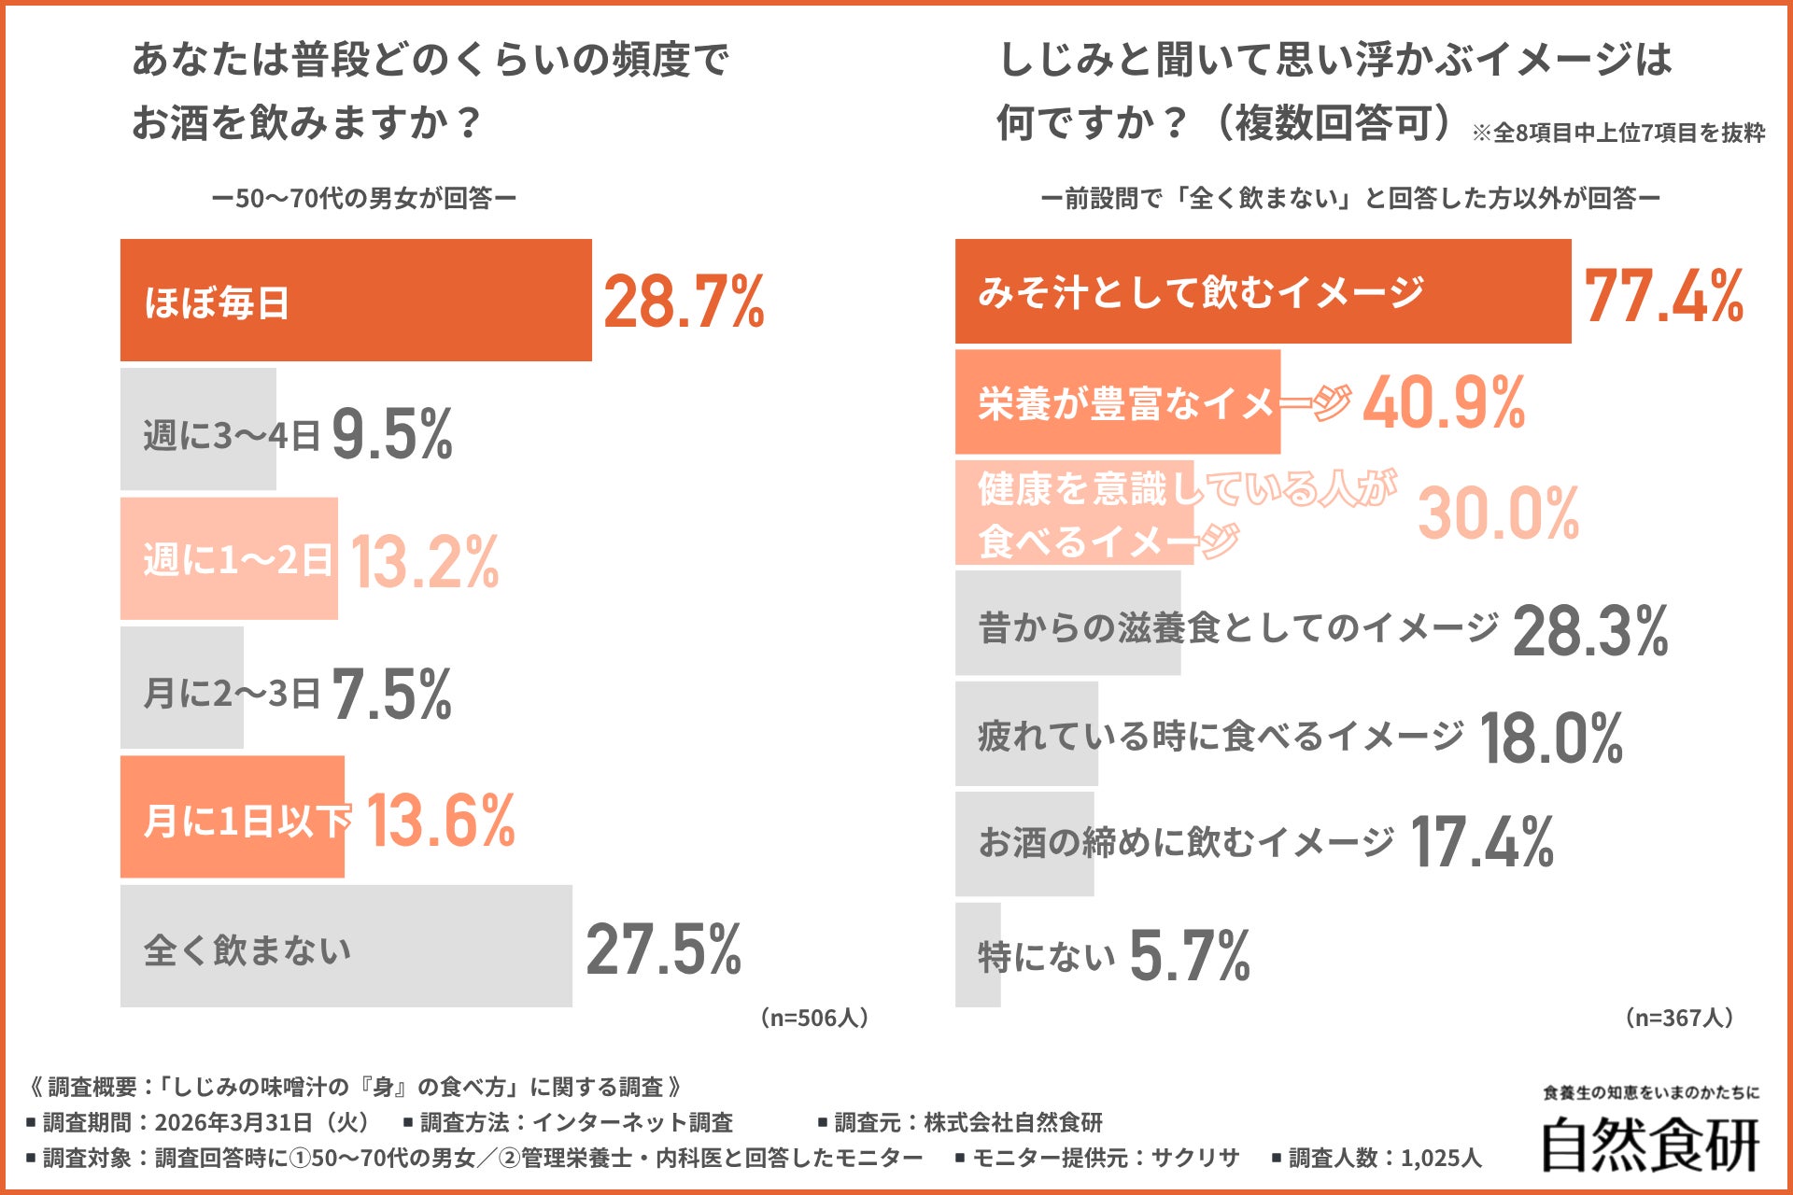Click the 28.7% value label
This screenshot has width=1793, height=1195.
684,302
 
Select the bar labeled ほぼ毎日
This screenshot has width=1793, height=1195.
355,301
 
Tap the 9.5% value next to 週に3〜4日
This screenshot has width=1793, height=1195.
392,434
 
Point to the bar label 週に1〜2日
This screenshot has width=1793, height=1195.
237,560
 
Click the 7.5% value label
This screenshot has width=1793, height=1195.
392,694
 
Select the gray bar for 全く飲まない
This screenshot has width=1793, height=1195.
346,947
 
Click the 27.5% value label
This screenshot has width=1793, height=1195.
663,949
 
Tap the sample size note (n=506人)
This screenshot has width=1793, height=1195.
814,1018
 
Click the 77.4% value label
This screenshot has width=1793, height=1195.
1664,296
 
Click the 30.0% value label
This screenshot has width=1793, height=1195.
1498,513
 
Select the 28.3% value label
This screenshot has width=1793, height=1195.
1590,631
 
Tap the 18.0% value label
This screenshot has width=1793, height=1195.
1551,738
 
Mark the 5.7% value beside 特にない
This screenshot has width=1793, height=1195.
1189,955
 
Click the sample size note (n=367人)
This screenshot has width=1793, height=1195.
1679,1018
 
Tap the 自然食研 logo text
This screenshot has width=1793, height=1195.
1649,1145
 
